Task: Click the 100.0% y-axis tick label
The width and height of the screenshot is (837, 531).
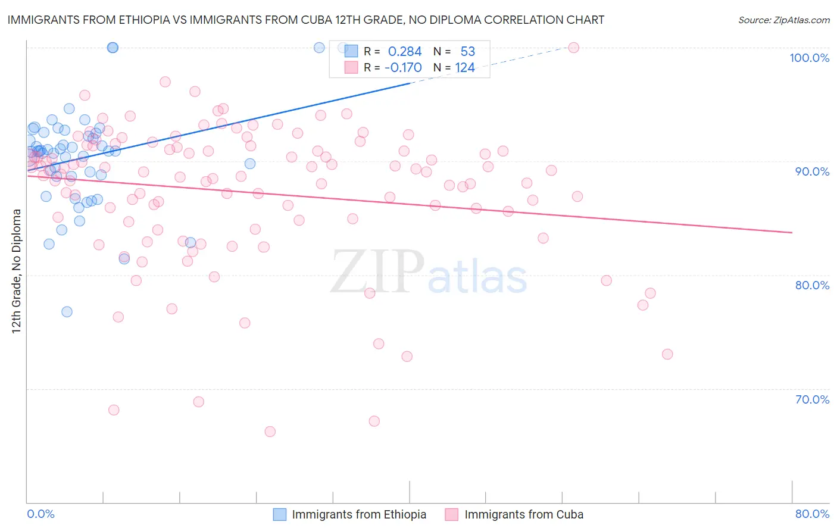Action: [x=809, y=58]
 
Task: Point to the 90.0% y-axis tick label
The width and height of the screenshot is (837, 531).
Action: [x=812, y=171]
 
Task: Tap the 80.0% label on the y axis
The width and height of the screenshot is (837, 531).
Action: [x=812, y=285]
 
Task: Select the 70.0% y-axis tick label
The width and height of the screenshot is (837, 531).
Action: [x=812, y=399]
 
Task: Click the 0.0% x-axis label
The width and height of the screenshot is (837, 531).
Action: [x=40, y=514]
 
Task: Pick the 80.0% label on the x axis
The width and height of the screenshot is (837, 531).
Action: [x=812, y=514]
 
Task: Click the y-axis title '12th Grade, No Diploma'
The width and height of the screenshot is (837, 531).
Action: [x=17, y=271]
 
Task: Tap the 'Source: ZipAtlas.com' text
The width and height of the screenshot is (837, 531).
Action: [x=783, y=20]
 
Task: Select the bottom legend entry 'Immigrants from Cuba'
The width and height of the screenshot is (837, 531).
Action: [x=523, y=514]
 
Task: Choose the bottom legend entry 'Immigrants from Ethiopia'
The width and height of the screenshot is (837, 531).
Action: [x=359, y=514]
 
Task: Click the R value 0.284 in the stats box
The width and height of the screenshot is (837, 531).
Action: [x=404, y=52]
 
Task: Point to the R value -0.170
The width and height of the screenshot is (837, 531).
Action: [x=403, y=68]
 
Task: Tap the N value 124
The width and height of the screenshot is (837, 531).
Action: [x=465, y=68]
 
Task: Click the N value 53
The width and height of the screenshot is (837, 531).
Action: [x=467, y=52]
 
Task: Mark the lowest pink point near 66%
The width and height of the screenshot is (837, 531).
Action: [x=270, y=432]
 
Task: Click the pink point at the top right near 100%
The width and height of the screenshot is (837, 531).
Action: [x=573, y=48]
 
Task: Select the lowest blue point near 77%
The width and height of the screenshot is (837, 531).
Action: [x=67, y=312]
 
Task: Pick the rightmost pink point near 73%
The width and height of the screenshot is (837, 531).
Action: [x=667, y=354]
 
